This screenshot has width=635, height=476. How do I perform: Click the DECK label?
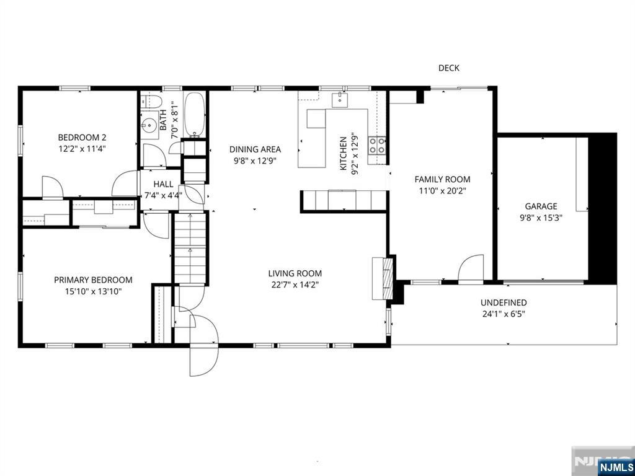point(448,68)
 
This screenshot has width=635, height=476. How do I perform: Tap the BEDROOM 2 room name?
point(78,138)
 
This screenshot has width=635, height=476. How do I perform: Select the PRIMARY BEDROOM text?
point(93,280)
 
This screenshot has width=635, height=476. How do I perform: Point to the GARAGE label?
point(541,206)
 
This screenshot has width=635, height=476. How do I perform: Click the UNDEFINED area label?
point(504,302)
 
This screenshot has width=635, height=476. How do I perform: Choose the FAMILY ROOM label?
point(442,180)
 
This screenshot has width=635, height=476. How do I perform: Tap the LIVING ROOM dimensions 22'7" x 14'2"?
point(295,285)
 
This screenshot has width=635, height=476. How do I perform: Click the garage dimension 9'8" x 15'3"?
point(541,218)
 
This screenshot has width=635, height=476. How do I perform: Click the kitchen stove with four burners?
point(376,145)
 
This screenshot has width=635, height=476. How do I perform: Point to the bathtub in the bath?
point(195,115)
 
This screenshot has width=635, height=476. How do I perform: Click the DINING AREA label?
point(255,149)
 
